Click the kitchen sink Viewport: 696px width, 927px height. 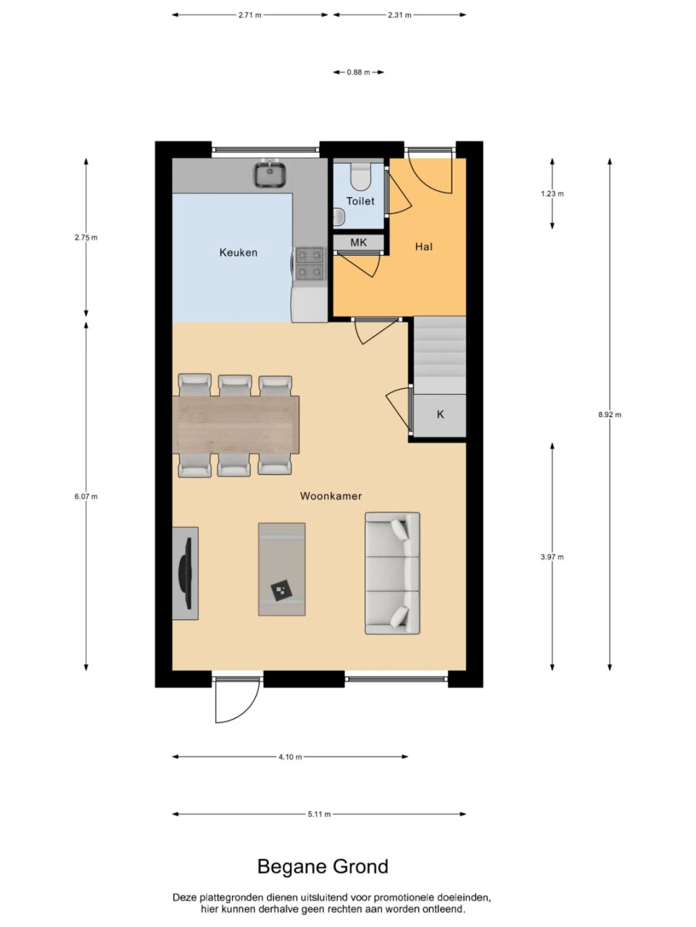270,174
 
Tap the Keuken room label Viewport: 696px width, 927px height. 239,253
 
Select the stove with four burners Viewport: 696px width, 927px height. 310,264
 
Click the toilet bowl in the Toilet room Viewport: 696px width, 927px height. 360,176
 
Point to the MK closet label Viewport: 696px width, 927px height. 358,243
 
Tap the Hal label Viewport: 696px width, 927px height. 423,247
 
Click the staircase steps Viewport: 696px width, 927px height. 439,355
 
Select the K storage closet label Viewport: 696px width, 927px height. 440,414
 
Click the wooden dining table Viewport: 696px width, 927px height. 236,424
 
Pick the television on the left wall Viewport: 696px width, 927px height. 186,573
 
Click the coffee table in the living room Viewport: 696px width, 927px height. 282,569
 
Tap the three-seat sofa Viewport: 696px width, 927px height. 392,573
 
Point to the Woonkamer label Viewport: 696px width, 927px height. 331,496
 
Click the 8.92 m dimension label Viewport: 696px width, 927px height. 610,414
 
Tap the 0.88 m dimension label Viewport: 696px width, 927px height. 358,72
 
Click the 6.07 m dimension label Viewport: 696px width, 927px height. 86,496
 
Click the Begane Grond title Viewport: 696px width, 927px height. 323,867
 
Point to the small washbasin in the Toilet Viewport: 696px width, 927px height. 339,217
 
